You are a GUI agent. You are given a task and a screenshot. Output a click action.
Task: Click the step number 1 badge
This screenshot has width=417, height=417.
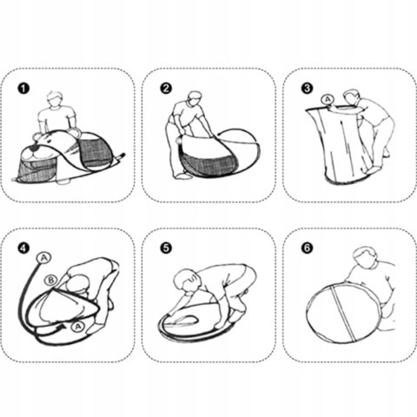tap(23, 89)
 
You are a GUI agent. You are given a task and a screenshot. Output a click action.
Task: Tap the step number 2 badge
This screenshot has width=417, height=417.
tap(166, 89)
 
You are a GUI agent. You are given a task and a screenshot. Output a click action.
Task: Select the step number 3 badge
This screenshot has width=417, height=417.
tap(308, 89)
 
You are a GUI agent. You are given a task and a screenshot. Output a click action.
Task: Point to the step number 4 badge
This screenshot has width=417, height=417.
tap(23, 248)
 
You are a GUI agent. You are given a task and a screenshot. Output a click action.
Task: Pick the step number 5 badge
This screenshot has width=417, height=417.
tap(166, 248)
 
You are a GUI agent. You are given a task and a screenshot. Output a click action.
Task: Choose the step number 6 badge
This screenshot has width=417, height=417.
tap(308, 248)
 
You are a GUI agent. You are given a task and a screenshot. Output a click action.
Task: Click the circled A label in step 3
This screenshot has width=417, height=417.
tap(328, 100)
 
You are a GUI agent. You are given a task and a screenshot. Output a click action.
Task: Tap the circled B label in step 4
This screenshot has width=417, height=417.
tap(51, 281)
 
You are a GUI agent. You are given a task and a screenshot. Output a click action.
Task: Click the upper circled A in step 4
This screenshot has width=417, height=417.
tap(43, 258)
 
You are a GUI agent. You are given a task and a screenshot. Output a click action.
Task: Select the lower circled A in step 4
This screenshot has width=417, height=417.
tap(77, 327)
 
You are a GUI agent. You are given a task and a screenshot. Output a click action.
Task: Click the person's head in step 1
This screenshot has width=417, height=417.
tap(55, 99)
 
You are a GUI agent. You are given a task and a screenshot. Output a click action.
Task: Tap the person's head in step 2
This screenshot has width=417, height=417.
tap(195, 99)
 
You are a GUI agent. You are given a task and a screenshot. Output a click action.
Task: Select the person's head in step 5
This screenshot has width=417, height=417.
tap(186, 280)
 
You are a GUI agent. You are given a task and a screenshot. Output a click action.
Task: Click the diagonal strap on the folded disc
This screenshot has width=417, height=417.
tap(342, 313)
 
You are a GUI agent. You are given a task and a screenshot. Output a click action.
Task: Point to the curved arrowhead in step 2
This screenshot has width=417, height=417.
tap(221, 134)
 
